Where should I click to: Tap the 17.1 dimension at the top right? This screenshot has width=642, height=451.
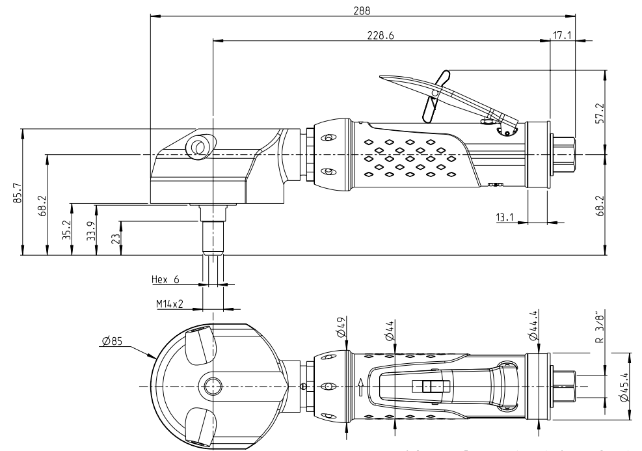[561, 36]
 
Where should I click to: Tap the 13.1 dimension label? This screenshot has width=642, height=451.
[506, 217]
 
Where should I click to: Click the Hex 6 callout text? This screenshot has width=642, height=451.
[165, 279]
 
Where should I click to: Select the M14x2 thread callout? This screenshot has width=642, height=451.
[168, 303]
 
